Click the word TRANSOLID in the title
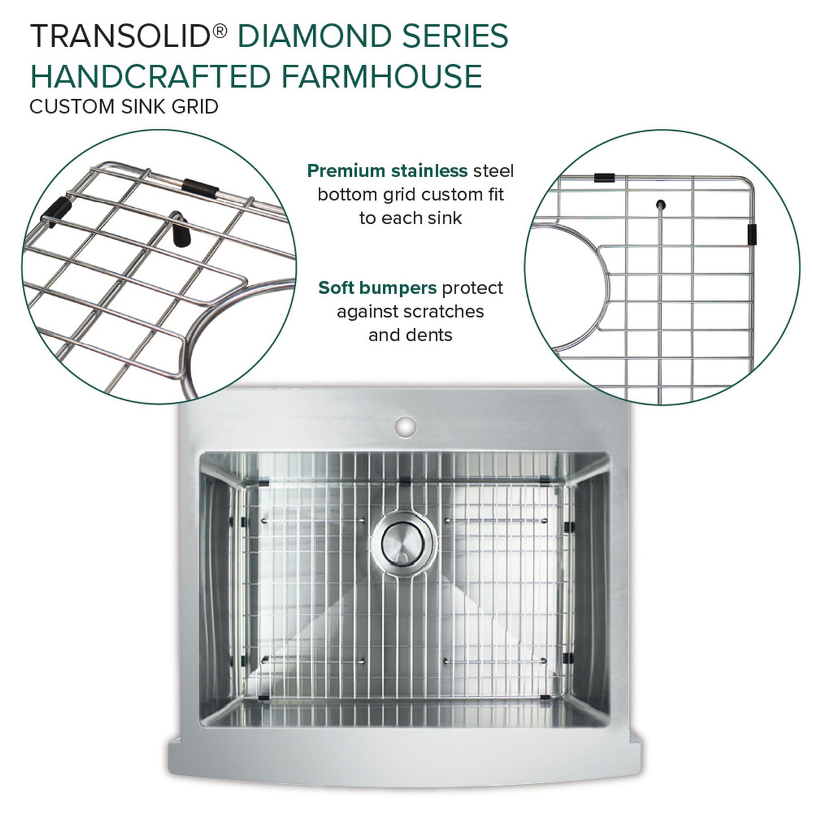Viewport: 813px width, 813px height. [x=120, y=36]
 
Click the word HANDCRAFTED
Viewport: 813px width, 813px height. [x=151, y=76]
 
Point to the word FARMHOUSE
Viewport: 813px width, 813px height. [x=381, y=76]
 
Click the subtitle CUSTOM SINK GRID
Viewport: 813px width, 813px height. [x=124, y=106]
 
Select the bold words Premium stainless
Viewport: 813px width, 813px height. [x=387, y=171]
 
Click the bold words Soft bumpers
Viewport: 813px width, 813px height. [x=377, y=288]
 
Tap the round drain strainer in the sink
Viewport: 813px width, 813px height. [x=406, y=541]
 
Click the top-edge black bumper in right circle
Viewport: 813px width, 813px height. [x=604, y=178]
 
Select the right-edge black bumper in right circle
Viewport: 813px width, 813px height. [x=753, y=234]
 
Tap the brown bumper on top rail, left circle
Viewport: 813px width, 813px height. [x=201, y=187]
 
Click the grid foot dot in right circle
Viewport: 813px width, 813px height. [x=661, y=205]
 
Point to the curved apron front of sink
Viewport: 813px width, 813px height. [x=406, y=765]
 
